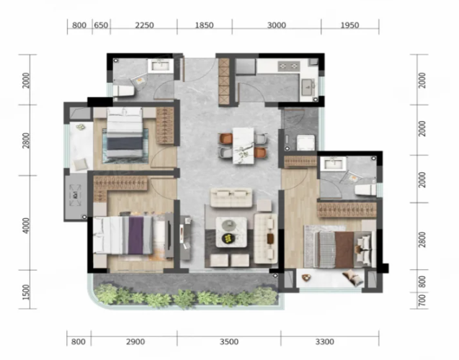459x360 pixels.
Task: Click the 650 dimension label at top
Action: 101,25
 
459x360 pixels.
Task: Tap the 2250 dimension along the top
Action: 144,25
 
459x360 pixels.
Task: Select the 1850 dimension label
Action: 205,25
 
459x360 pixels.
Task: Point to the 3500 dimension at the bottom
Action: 229,341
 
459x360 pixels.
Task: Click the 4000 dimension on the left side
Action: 26,225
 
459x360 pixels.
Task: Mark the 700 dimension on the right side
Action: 422,301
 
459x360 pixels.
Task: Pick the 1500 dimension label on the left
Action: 26,292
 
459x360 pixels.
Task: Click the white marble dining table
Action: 244,145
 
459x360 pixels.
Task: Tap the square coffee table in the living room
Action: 231,232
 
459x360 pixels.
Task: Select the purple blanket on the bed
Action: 135,235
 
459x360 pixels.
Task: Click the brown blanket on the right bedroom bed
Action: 344,249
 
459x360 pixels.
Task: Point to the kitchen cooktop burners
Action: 289,66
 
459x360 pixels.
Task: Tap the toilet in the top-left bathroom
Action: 124,91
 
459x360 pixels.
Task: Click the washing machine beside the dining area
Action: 306,143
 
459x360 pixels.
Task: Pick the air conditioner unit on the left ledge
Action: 76,195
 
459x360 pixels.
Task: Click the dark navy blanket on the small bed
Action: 125,143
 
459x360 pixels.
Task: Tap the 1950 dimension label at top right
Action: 349,25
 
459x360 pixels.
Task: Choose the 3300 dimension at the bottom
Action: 325,341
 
